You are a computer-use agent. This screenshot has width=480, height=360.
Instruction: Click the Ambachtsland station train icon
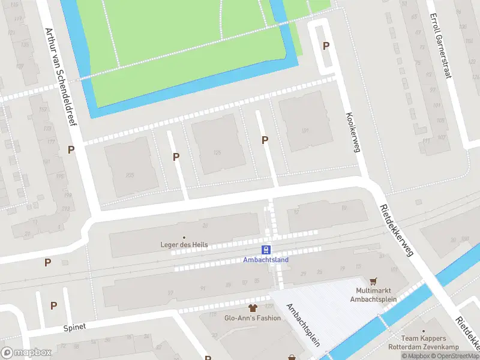pyautogui.click(x=266, y=250)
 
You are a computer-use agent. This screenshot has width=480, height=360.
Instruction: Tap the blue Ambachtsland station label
pyautogui.click(x=266, y=260)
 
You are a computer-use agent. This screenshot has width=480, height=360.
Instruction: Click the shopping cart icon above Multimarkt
pyautogui.click(x=374, y=281)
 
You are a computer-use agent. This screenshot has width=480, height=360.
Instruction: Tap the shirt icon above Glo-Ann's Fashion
pyautogui.click(x=252, y=308)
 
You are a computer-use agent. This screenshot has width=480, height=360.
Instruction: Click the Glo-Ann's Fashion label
pyautogui.click(x=252, y=318)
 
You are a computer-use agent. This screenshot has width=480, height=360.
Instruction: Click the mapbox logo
pyautogui.click(x=26, y=353)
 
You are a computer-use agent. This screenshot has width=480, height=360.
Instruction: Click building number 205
pyautogui.click(x=129, y=176)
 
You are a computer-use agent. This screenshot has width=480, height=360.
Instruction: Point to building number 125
pyautogui.click(x=217, y=153)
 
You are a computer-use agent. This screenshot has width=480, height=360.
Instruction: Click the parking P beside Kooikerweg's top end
pyautogui.click(x=326, y=46)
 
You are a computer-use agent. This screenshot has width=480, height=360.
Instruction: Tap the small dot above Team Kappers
pyautogui.click(x=424, y=331)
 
